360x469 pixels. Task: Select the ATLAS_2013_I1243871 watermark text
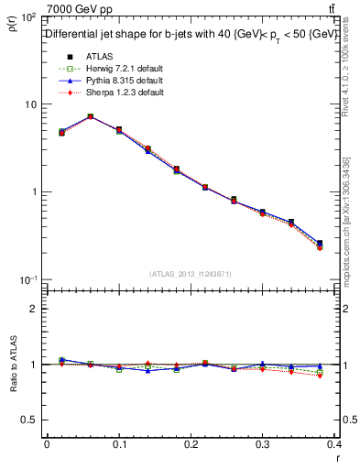191,274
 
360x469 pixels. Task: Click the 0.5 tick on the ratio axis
30,420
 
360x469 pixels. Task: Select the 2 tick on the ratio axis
35,309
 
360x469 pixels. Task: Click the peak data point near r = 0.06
90,116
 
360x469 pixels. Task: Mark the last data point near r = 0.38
320,244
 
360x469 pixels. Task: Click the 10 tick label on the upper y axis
29,104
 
